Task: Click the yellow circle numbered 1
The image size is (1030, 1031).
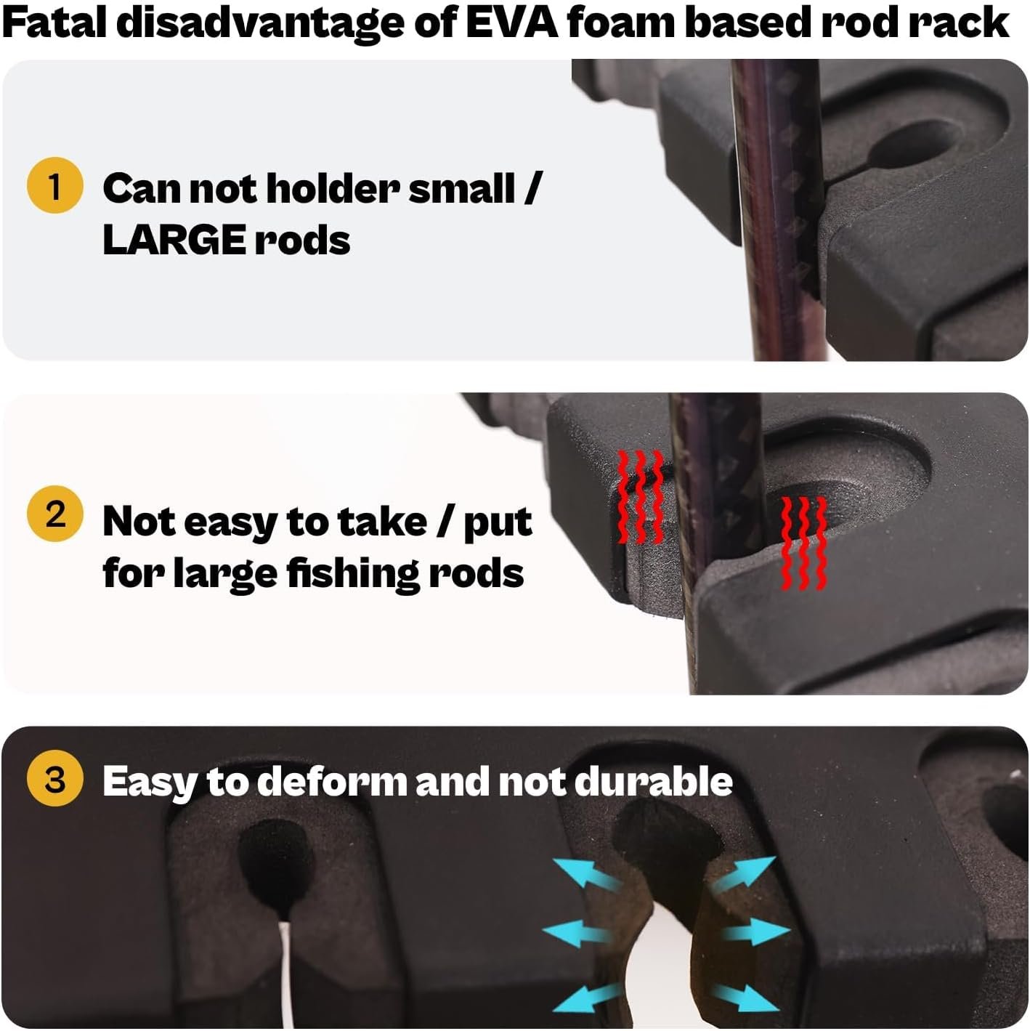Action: click(54, 186)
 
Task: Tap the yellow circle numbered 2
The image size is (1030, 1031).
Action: click(54, 514)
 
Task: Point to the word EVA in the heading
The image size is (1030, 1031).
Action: click(513, 23)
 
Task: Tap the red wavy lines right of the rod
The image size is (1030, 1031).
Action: click(803, 543)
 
